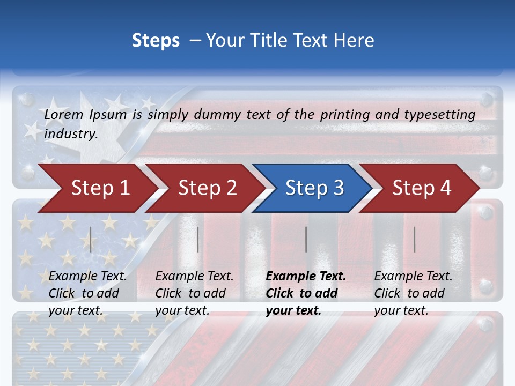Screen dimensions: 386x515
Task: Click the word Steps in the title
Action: [156, 40]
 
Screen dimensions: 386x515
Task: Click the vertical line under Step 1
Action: [91, 239]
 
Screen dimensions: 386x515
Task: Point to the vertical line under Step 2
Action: [198, 239]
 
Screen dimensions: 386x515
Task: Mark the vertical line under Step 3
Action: [306, 239]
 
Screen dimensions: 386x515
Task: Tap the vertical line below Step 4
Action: [415, 239]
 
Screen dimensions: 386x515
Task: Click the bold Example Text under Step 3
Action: [306, 277]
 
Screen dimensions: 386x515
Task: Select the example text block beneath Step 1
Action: [87, 293]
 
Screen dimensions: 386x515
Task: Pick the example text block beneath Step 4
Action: [413, 293]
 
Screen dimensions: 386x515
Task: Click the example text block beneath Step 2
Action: [194, 293]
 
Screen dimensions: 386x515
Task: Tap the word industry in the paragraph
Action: [70, 133]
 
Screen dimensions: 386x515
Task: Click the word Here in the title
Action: [354, 40]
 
